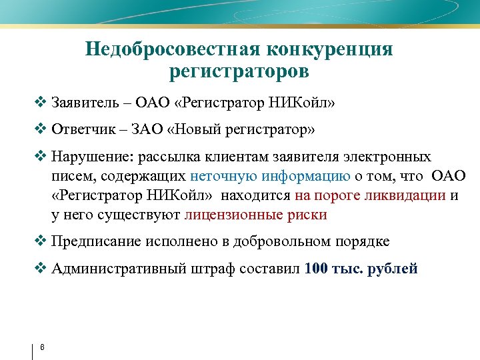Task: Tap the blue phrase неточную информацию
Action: (x=270, y=176)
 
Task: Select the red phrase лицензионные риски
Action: (x=255, y=215)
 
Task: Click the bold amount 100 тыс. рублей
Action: (x=361, y=269)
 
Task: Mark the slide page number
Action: (x=42, y=347)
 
